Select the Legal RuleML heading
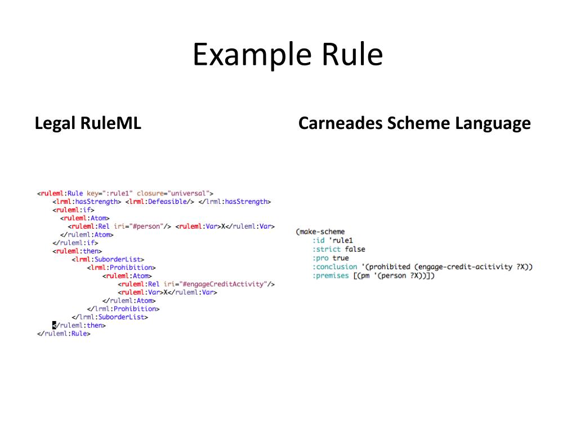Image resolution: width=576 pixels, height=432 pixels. [88, 123]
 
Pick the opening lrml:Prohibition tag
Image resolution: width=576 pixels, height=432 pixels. [121, 268]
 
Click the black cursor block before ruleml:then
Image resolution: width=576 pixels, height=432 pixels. [54, 325]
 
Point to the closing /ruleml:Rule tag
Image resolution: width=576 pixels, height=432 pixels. [64, 333]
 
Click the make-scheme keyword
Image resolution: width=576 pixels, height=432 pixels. [322, 231]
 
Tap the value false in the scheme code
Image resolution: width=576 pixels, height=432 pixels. [355, 249]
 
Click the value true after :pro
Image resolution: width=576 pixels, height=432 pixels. [340, 258]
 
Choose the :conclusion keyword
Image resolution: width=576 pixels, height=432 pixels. [334, 266]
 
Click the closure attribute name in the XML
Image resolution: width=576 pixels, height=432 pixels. [150, 193]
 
